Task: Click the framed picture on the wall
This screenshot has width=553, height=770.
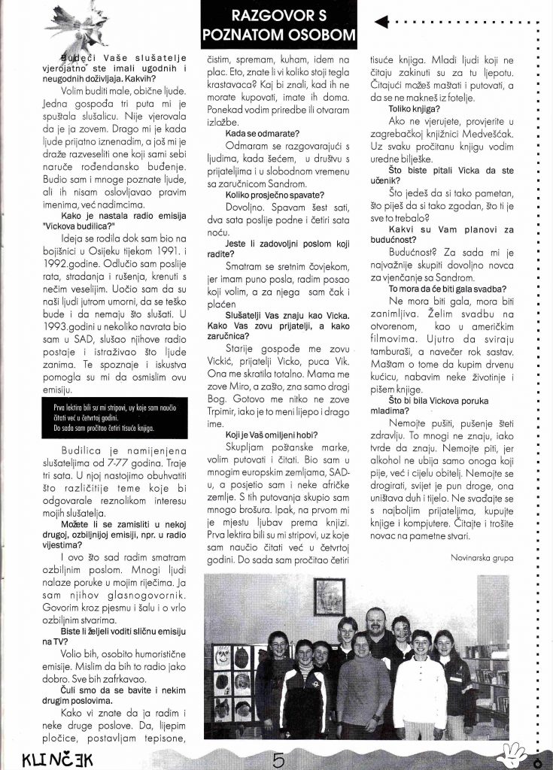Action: (x=329, y=599)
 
